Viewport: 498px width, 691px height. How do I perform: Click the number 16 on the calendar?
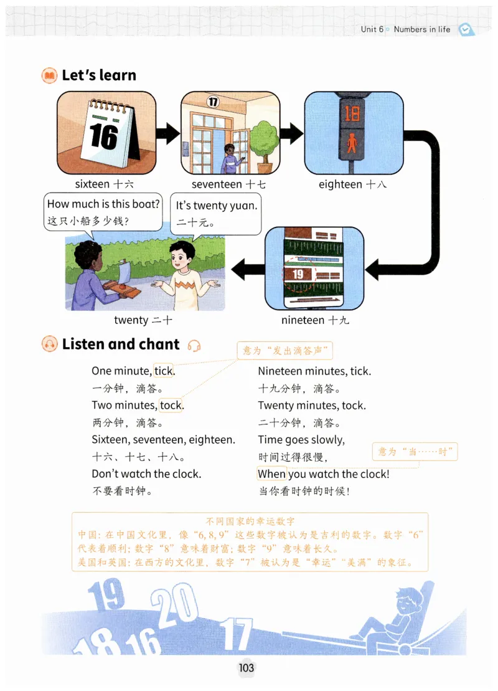(103, 136)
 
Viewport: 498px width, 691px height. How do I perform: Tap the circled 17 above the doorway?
(214, 102)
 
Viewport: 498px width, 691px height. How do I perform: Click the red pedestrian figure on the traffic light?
(352, 144)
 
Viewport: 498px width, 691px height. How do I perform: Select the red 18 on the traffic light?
(352, 113)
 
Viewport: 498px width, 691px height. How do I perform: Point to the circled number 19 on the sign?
(298, 275)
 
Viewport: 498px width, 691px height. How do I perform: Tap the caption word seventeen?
(217, 184)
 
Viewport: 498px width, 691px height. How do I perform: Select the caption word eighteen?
(340, 184)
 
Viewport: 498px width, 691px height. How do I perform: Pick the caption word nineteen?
(303, 320)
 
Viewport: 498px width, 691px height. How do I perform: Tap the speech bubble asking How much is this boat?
(104, 212)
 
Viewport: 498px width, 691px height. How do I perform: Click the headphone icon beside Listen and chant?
(194, 346)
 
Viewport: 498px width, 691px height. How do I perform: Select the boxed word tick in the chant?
(164, 371)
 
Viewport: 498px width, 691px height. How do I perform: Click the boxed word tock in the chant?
(171, 406)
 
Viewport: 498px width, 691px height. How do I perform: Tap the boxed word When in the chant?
(271, 474)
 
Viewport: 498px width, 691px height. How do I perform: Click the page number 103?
(247, 668)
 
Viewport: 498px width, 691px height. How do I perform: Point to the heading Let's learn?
(98, 75)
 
